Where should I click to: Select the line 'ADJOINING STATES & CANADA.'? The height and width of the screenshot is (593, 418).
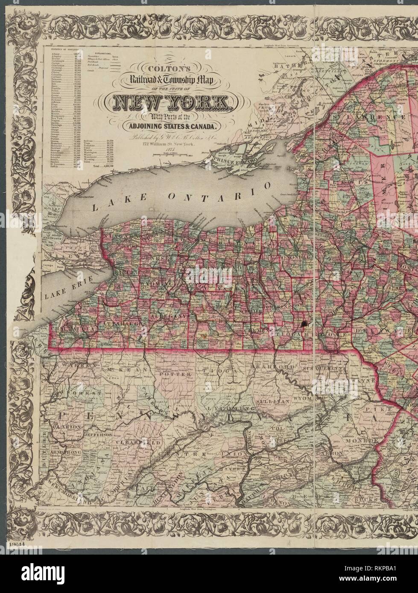(x=170, y=126)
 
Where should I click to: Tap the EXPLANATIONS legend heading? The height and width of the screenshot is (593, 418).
(x=102, y=52)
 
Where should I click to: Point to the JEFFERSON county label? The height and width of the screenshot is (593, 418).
(x=98, y=434)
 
